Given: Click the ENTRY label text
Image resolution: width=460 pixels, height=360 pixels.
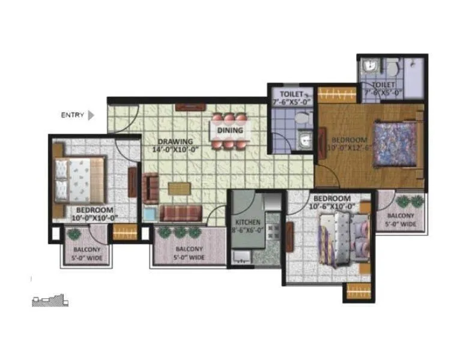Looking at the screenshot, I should coord(72,115).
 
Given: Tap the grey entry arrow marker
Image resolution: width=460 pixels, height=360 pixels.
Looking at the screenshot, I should coord(91,115).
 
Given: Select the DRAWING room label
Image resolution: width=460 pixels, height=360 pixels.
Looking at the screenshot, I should coord(171,142).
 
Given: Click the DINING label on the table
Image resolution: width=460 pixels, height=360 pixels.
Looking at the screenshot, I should coord(230,130).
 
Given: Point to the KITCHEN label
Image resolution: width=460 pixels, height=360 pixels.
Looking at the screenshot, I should coord(247,222).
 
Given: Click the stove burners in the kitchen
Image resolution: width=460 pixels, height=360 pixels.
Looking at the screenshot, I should coord(272,229).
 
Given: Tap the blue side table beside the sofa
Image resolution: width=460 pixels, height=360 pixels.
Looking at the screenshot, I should coord(148,214).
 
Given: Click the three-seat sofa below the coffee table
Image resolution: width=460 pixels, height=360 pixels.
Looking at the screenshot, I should coord(180,213).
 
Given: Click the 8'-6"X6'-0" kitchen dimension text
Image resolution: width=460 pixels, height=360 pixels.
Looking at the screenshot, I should coord(247,230).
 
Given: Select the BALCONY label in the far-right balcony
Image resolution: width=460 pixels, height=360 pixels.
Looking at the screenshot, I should coord(400,216).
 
